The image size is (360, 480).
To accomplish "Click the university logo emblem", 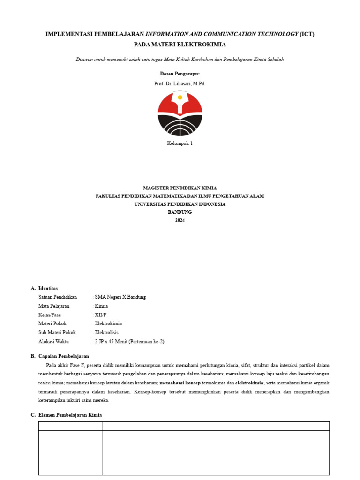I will tap(180, 114).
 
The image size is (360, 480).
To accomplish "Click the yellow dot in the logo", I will tap(180, 97).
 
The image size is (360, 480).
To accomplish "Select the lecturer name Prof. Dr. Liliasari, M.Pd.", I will tap(180, 83).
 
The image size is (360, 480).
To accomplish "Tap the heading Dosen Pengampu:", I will tap(180, 74).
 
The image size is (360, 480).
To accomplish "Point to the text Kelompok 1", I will tap(180, 143).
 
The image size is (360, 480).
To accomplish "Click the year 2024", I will tap(180, 220).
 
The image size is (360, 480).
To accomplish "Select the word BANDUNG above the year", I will tap(180, 212).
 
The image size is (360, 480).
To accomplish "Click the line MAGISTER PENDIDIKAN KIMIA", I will tap(180, 187).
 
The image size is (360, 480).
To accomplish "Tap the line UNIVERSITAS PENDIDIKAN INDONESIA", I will tap(180, 204).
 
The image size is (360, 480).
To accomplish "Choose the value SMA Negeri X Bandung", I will tap(121, 297).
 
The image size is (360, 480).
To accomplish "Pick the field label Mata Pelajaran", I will tap(54, 306).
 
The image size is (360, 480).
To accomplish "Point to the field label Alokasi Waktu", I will tap(53, 341).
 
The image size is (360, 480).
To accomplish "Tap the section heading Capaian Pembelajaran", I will tap(63, 356).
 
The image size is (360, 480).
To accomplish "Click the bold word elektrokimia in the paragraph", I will tap(249, 382).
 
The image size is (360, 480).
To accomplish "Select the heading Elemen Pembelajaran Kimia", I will tap(70, 415).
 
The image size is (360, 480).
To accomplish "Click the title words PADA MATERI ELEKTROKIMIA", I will tap(180, 45).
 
